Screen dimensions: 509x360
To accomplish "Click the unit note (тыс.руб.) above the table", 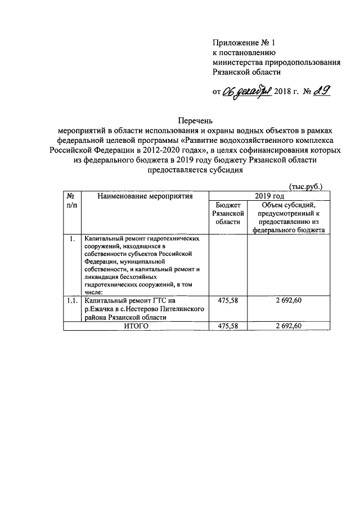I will point(305,186).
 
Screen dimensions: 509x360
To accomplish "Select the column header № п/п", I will point(71,201).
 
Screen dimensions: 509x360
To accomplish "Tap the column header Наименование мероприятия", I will point(145,196).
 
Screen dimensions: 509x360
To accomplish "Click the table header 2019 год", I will point(269,196).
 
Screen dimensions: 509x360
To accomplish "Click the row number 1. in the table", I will point(71,238).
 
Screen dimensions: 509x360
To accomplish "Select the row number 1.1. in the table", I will point(71,301).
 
